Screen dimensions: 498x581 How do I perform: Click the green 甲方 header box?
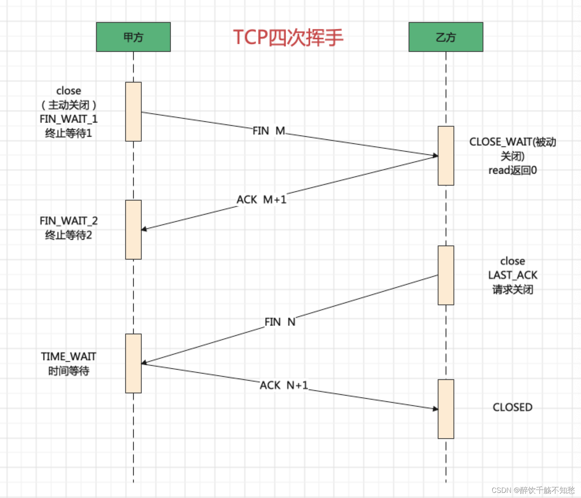(x=133, y=37)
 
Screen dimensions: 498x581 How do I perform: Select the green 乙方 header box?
(x=446, y=37)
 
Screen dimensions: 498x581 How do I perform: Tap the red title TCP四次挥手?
(x=288, y=37)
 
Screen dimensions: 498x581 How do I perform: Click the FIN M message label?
(x=269, y=131)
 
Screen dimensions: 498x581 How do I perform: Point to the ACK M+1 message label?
(x=261, y=200)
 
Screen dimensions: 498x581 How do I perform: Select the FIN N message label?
(x=280, y=322)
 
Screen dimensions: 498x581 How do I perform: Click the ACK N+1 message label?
(x=284, y=385)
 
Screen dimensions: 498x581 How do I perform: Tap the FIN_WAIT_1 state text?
(x=68, y=119)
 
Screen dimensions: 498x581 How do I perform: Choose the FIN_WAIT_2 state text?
(x=68, y=221)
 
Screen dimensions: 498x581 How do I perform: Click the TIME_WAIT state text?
(x=68, y=357)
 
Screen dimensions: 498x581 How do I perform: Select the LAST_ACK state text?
(x=513, y=275)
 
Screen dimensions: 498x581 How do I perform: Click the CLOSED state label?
(x=513, y=407)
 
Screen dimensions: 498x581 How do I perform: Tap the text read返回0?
(x=513, y=170)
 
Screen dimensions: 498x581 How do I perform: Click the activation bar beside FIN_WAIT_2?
(x=133, y=230)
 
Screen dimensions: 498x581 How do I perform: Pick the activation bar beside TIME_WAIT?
(x=133, y=363)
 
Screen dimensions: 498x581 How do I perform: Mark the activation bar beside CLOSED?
(x=446, y=409)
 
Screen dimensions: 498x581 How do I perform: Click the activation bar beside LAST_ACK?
(x=446, y=275)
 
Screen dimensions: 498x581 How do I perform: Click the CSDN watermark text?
(x=533, y=490)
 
